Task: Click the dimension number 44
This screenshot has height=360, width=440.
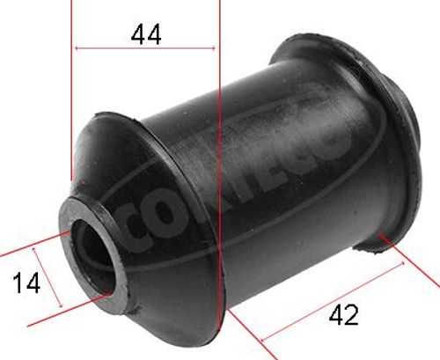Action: point(145,35)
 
